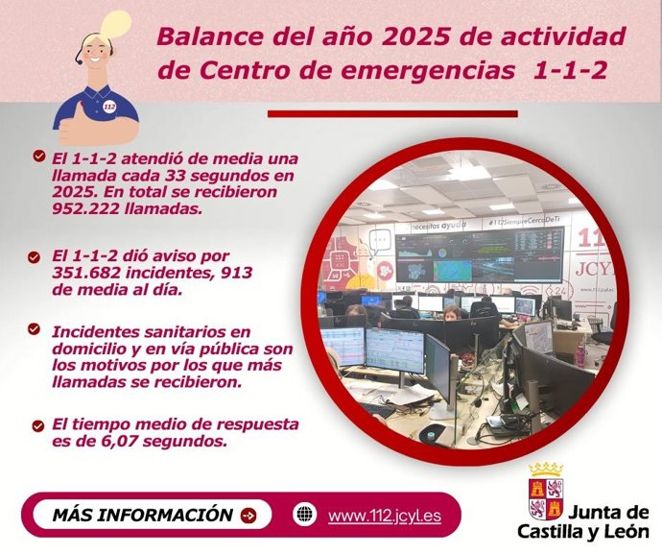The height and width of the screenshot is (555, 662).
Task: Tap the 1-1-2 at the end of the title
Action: (568, 71)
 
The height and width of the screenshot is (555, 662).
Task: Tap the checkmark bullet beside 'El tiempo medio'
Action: (37, 424)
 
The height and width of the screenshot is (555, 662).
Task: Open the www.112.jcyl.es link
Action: (384, 516)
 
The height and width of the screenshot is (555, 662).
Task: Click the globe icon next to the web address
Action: (304, 515)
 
